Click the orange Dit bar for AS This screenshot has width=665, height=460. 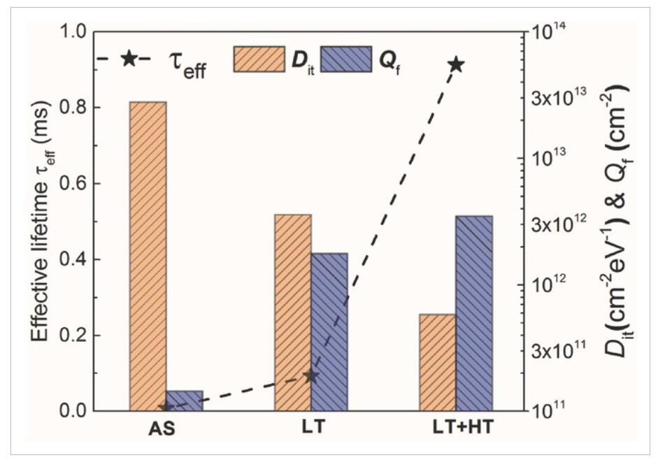pos(148,256)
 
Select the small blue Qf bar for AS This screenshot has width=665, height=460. pos(185,401)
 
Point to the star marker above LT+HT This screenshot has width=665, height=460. pos(456,65)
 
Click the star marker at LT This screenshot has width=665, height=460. pos(311,376)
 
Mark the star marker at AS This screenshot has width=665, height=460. pos(166,408)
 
